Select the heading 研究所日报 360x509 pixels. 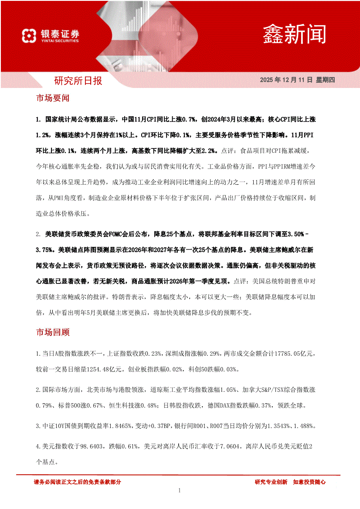(x=78, y=81)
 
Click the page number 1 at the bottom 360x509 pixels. (x=180, y=491)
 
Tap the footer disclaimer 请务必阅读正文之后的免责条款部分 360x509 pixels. (x=77, y=482)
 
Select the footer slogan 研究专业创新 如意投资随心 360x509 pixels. (x=290, y=482)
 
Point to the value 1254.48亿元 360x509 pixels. (x=107, y=369)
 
